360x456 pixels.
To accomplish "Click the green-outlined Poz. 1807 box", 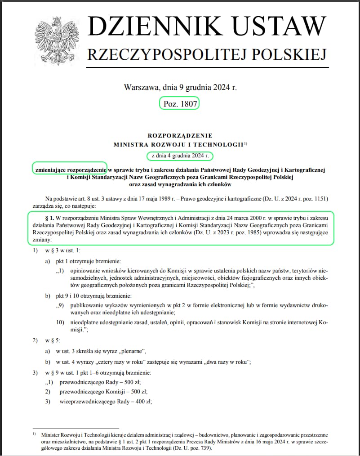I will [179, 104].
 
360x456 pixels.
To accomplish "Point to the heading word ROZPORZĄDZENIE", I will [180, 135].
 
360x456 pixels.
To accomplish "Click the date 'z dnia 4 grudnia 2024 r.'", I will [180, 156].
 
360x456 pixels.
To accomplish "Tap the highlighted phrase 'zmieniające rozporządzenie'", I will [70, 169].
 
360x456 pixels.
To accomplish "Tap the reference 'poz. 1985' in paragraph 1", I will [248, 232].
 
